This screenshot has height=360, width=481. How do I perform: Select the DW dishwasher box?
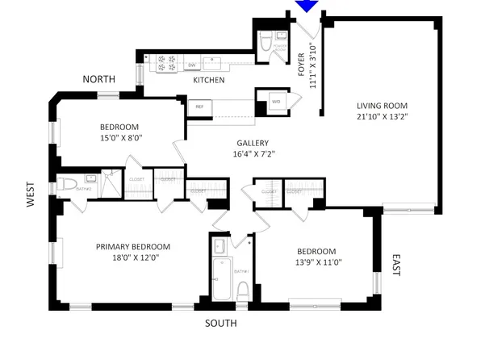pyautogui.click(x=193, y=65)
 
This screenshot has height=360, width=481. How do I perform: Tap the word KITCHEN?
pyautogui.click(x=208, y=81)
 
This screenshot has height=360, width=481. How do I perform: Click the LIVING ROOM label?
pyautogui.click(x=383, y=106)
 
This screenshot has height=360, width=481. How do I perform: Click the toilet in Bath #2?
pyautogui.click(x=65, y=186)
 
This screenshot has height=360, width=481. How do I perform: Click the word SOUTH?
pyautogui.click(x=220, y=324)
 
